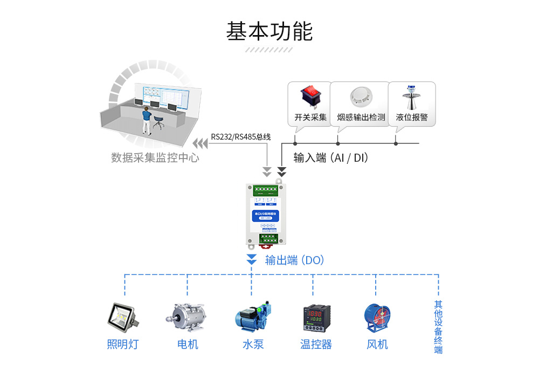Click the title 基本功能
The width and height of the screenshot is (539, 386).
pos(269,31)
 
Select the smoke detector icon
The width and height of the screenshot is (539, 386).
pos(361,98)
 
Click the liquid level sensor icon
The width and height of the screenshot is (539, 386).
pos(411,97)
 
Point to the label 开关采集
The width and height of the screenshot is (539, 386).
pos(310,117)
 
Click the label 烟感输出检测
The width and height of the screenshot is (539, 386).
pos(361,117)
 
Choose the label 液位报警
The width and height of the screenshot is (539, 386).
pos(411,117)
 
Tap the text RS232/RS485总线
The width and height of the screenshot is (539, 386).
pos(240,137)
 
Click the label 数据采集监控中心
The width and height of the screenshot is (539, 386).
pos(155,158)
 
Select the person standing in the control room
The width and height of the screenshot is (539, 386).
pos(146,120)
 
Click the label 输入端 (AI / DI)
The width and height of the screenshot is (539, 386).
pos(330,158)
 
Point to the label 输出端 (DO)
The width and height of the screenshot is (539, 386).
pos(294,260)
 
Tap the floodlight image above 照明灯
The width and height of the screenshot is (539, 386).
pos(123,318)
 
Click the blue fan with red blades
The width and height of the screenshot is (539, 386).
pos(377,318)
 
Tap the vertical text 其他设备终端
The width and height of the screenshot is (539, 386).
pos(438,327)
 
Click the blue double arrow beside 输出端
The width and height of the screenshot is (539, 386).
pos(251,259)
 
